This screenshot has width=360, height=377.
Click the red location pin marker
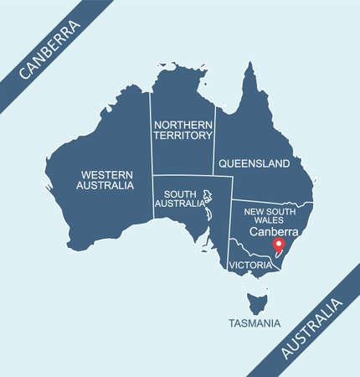(280, 245)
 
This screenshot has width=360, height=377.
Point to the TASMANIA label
(255, 323)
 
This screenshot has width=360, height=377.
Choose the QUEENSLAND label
(254, 163)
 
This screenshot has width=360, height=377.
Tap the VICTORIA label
(250, 265)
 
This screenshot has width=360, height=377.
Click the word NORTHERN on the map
(182, 124)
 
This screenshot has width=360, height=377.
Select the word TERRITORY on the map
(182, 135)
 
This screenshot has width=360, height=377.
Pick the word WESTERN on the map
(105, 174)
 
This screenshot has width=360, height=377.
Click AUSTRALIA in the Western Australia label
(105, 185)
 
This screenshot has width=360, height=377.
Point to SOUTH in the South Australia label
(180, 192)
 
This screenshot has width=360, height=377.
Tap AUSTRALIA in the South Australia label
(180, 203)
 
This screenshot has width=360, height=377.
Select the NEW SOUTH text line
(270, 211)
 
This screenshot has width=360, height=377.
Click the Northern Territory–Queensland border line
(214, 142)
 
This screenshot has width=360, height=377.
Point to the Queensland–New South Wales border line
(268, 202)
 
